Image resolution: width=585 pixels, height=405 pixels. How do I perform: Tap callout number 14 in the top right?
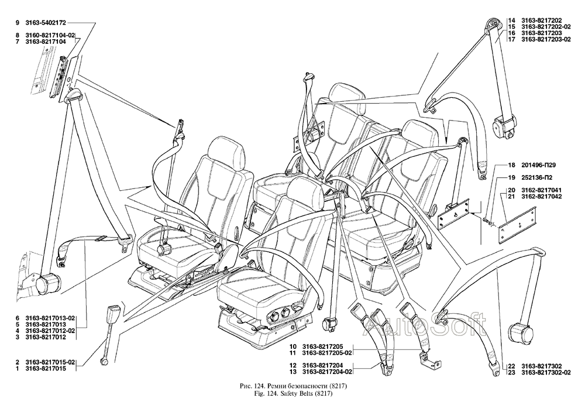pos(511,18)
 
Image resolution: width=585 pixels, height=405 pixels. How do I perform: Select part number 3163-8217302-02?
pos(548,372)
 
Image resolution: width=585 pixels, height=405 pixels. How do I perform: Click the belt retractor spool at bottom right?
pos(520,334)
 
